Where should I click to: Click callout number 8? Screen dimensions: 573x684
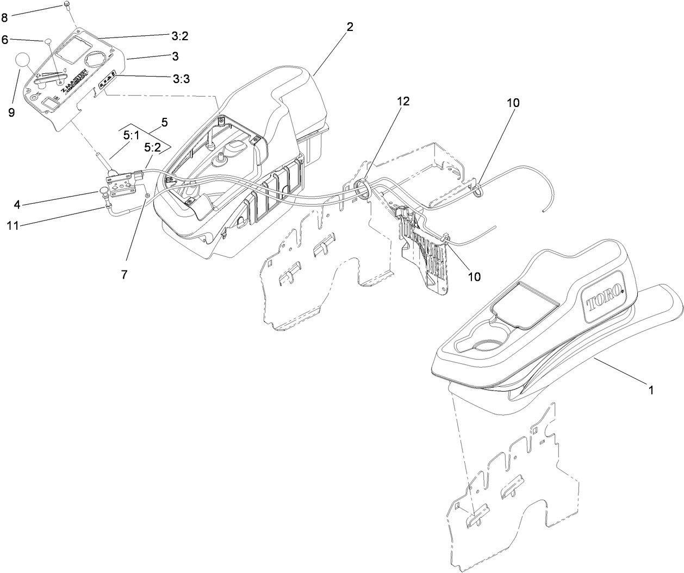tap(5, 17)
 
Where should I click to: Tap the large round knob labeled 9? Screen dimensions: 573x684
tap(24, 60)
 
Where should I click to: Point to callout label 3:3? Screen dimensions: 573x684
tap(181, 79)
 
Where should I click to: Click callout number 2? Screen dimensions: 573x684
tap(350, 27)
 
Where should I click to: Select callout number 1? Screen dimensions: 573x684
tap(650, 389)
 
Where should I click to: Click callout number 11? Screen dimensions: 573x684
tap(13, 225)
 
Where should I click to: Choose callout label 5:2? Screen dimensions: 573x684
tap(153, 147)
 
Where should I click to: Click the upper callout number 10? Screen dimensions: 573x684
tap(513, 102)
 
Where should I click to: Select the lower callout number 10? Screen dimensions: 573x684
tap(475, 276)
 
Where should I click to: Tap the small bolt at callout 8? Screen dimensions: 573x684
tap(67, 5)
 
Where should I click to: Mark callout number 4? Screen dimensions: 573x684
tap(17, 205)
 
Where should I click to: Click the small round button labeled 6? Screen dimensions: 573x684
tap(48, 40)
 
